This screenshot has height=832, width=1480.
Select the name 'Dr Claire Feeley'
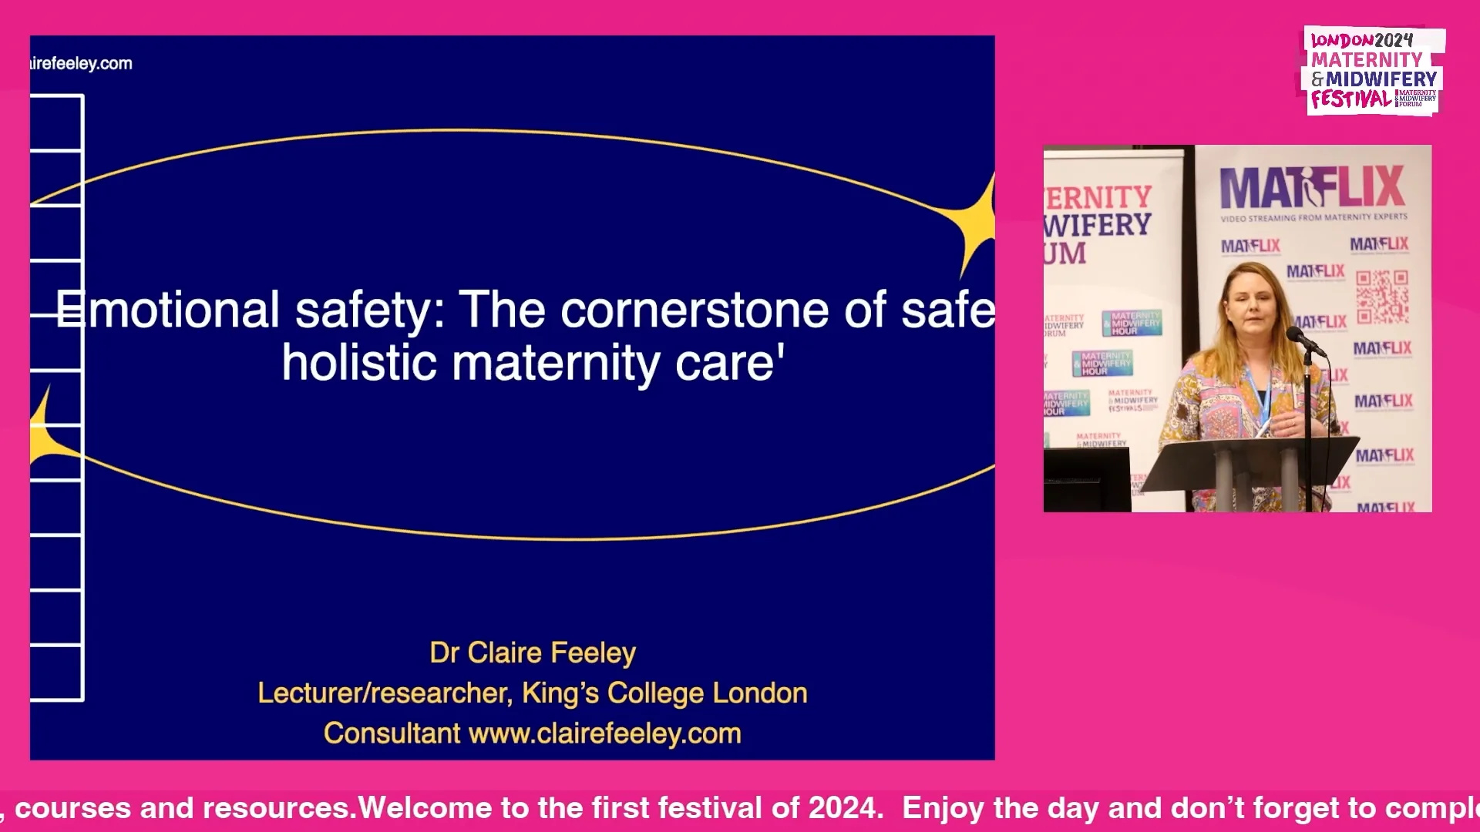tap(533, 653)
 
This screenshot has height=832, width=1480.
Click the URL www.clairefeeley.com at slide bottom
tap(604, 733)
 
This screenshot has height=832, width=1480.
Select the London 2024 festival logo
tap(1374, 71)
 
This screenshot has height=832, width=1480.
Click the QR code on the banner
tap(1382, 297)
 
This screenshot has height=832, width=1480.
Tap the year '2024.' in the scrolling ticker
tap(845, 808)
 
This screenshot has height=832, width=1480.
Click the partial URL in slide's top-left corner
tap(81, 64)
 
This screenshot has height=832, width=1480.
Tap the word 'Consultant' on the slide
tap(392, 733)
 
